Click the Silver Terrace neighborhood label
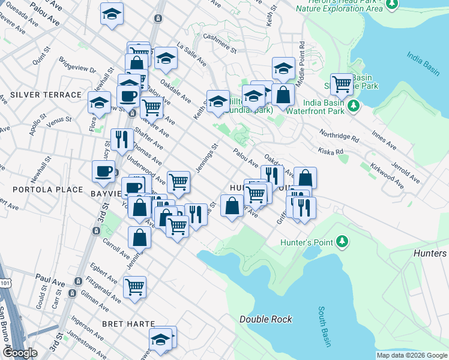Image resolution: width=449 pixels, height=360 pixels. (x=46, y=95)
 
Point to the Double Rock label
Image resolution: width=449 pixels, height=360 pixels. (x=266, y=319)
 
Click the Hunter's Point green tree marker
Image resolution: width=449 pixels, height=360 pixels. (x=343, y=241)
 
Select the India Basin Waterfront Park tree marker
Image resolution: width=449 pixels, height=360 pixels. (x=354, y=106)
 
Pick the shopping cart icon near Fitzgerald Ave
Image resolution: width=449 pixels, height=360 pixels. (x=134, y=287)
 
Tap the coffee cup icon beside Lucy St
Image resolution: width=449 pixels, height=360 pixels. (x=104, y=171)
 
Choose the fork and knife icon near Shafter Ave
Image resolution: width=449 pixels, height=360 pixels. (x=122, y=139)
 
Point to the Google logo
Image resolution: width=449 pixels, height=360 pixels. (x=20, y=353)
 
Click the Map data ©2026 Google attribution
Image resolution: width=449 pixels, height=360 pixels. (x=412, y=355)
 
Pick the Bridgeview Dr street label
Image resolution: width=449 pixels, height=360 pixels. (x=77, y=65)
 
